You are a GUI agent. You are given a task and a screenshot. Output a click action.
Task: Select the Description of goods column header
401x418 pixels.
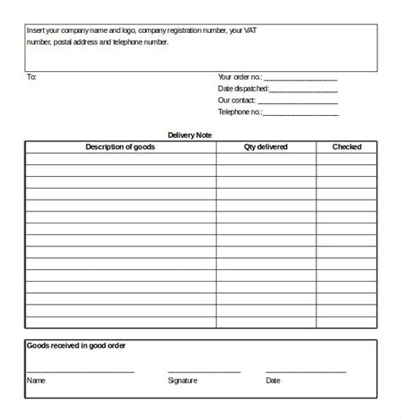pos(120,147)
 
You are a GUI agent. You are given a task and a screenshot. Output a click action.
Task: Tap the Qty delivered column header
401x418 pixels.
pos(266,147)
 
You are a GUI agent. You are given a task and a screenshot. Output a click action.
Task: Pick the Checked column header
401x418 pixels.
pos(347,147)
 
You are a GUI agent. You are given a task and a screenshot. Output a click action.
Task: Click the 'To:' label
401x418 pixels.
pos(32,76)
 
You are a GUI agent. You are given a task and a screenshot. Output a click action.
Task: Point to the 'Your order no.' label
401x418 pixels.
pos(240,76)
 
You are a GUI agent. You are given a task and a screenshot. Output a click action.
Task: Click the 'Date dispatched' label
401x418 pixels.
pos(244,88)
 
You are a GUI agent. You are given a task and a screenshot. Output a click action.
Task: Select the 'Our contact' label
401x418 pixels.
pos(237,100)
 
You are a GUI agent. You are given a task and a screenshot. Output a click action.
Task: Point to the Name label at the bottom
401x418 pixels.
pos(36,381)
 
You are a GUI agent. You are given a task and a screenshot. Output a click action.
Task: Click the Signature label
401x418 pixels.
pos(183,381)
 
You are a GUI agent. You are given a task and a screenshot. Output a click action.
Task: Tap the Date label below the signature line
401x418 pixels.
pos(273,381)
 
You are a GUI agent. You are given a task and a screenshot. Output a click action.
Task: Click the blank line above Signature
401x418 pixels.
pos(204,371)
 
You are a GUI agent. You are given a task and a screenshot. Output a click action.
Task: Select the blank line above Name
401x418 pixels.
pos(80,371)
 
